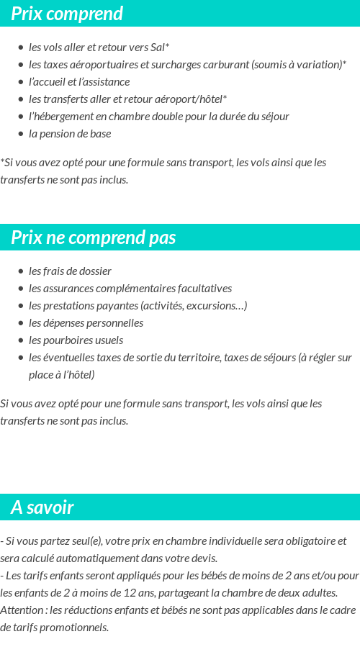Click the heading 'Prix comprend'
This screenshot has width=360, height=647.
click(x=67, y=14)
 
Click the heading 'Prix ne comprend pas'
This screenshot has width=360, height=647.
click(x=94, y=237)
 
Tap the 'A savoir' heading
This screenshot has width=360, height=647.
click(x=42, y=507)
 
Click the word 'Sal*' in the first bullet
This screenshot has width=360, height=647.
click(x=160, y=47)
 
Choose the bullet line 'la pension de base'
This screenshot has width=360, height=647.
click(x=70, y=134)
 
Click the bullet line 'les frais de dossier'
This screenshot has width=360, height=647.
click(x=70, y=271)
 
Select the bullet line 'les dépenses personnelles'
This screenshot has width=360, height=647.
click(x=86, y=323)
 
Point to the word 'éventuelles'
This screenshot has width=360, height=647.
click(x=71, y=358)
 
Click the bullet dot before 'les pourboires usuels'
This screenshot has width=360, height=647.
click(x=21, y=340)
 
